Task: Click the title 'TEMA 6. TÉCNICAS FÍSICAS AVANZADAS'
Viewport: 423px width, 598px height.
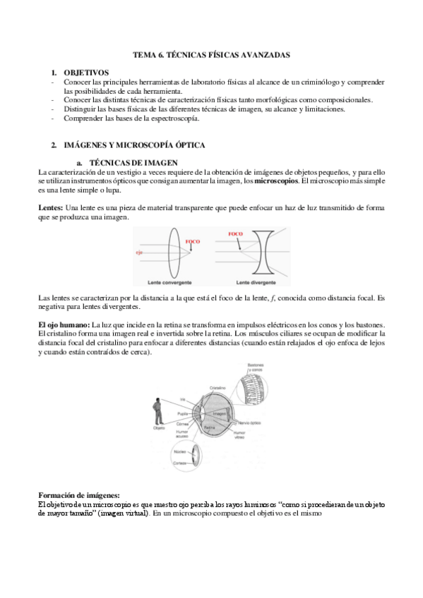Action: (x=212, y=54)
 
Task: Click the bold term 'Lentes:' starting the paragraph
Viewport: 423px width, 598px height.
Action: (x=50, y=209)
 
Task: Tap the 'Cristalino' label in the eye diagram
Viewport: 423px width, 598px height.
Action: (x=217, y=387)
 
